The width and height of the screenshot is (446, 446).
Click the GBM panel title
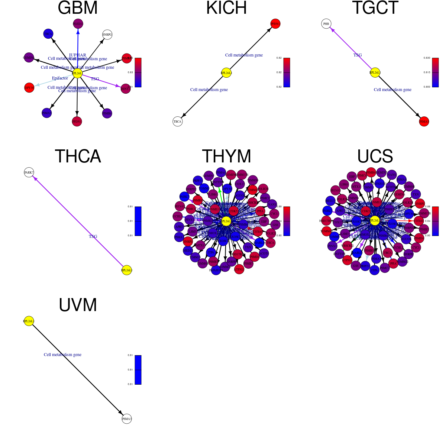[78, 8]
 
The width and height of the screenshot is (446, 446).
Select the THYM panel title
[226, 156]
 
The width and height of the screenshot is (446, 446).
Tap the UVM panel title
[78, 305]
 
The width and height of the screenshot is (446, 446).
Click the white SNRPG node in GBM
[107, 35]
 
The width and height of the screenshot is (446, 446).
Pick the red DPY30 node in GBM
[29, 88]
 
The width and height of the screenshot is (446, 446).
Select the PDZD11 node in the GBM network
[78, 24]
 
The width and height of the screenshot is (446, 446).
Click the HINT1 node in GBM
[126, 88]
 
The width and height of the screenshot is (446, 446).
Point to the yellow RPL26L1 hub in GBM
[77, 73]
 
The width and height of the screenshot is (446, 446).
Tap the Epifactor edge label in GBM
[60, 78]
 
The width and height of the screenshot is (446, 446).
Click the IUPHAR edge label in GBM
[77, 55]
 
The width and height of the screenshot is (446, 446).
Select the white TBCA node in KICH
[178, 122]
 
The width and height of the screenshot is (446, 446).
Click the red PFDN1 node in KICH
[275, 24]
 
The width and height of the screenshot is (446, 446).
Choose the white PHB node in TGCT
[326, 24]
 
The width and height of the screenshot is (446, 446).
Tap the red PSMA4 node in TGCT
[424, 122]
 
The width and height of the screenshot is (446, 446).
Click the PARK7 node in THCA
[29, 172]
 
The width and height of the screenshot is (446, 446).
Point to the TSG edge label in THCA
[93, 236]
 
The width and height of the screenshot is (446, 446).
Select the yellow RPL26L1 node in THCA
[127, 270]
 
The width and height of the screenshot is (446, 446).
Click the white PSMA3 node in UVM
[127, 419]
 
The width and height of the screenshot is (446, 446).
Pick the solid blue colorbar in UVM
[138, 370]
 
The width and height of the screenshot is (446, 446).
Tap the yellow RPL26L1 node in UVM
[29, 321]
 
